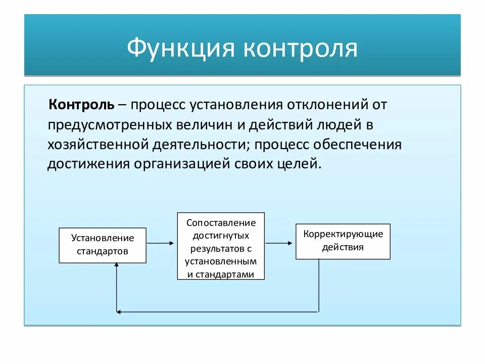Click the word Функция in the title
[180, 50]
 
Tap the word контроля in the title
[301, 50]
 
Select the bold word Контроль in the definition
[81, 105]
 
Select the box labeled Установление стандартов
[103, 245]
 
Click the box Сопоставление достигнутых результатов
[221, 246]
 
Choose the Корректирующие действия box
[343, 241]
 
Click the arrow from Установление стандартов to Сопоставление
[161, 243]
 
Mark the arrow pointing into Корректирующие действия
[279, 243]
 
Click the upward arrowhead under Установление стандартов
[117, 266]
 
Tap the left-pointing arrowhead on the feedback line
[119, 311]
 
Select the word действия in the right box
[343, 248]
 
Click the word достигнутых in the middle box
[221, 236]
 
